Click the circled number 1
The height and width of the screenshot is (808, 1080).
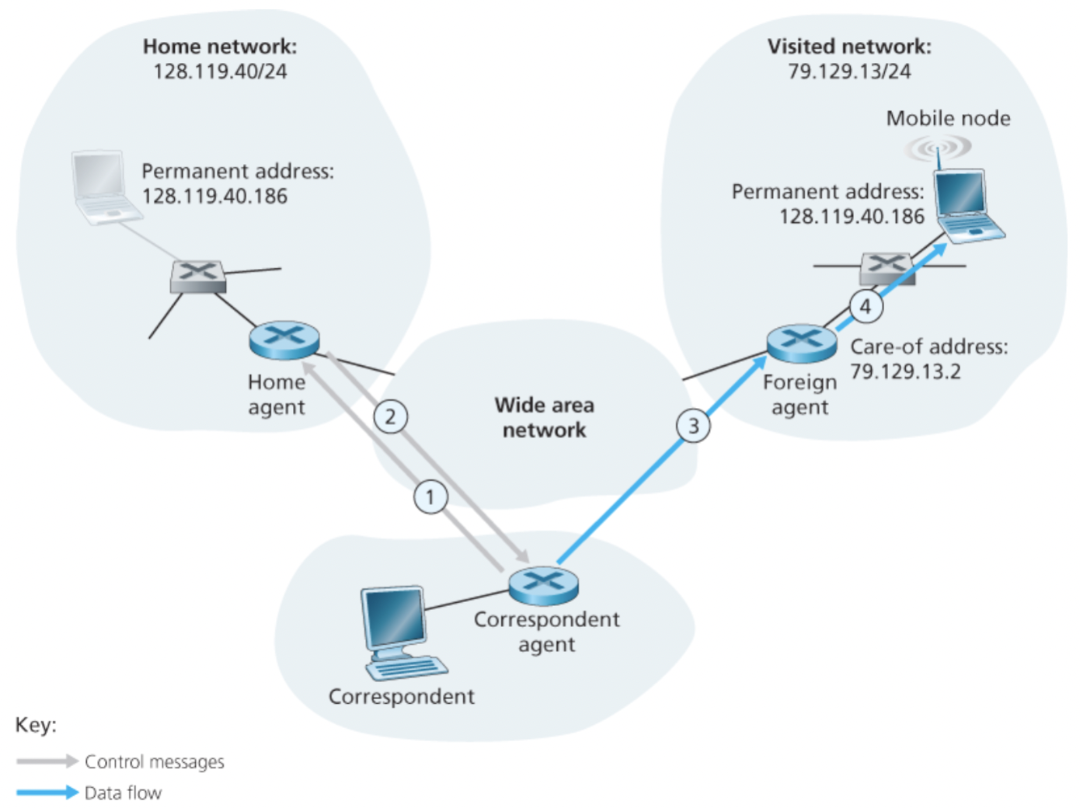[430, 496]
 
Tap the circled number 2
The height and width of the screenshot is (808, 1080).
[391, 416]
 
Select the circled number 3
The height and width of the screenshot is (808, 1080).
[693, 426]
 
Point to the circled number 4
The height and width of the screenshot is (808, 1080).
[866, 306]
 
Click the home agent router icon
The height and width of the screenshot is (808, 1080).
[284, 341]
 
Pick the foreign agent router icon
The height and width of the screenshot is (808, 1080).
[802, 343]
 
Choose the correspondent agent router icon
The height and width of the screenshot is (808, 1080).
[544, 585]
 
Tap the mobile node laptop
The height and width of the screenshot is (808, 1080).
[966, 206]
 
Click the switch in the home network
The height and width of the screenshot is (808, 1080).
[198, 276]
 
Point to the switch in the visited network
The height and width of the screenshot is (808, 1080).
[887, 268]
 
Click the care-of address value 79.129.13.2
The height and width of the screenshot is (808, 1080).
[905, 372]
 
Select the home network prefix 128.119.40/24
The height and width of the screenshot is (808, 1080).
[220, 71]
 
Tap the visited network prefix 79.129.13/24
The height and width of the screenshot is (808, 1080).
[849, 71]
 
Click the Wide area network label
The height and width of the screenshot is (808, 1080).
[544, 417]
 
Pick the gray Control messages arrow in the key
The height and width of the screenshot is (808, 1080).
[47, 761]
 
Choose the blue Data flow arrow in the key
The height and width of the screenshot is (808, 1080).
[47, 792]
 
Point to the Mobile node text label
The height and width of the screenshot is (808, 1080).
[948, 119]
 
